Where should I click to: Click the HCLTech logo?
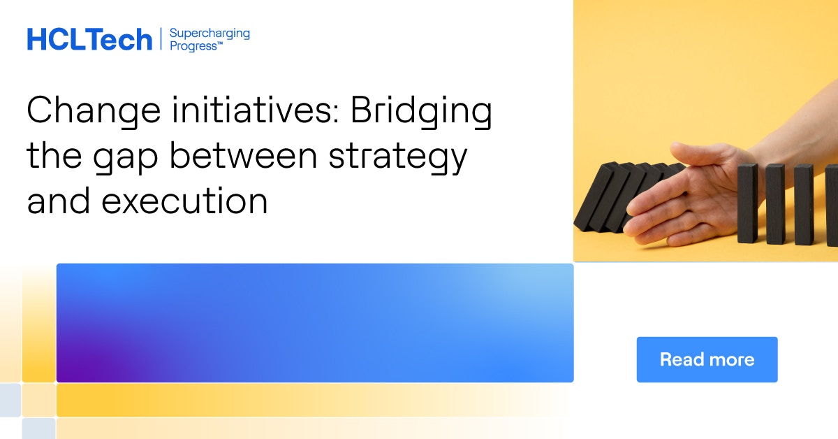coord(89,40)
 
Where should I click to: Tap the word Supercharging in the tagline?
coord(209,33)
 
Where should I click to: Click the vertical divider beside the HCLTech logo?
coord(161,39)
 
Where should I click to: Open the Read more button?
coord(707,359)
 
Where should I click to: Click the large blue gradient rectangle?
coord(314,323)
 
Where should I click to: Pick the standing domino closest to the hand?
coord(747,203)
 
